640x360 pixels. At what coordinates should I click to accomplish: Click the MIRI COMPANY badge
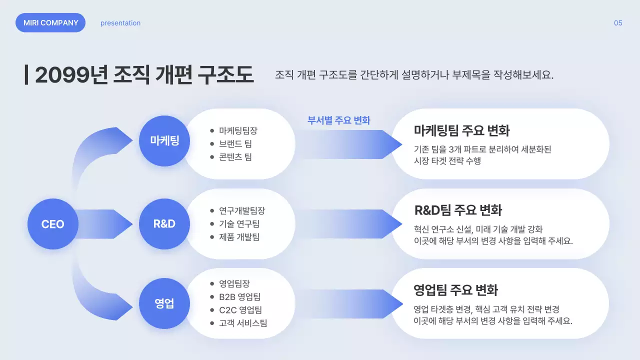(50, 22)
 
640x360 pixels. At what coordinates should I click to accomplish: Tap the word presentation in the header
(120, 23)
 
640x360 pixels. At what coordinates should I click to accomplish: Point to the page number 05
(618, 23)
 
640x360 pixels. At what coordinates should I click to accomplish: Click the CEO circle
(52, 224)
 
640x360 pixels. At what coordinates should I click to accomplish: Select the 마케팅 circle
(164, 140)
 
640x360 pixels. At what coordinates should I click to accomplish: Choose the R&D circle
(164, 224)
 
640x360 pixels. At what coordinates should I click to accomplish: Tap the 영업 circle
(164, 303)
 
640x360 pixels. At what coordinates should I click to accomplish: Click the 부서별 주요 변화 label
(338, 120)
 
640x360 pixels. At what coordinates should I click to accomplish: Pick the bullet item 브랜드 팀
(235, 144)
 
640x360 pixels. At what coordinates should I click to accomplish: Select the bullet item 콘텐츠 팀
(235, 157)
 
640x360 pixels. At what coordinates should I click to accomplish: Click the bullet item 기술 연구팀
(239, 224)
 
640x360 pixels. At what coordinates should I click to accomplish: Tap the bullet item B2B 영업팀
(239, 297)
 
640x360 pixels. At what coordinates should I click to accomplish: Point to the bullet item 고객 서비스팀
(242, 323)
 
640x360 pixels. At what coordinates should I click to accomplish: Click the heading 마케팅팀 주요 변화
(461, 131)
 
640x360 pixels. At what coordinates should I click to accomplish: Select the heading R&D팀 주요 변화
(458, 210)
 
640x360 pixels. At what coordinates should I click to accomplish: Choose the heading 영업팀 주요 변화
(456, 290)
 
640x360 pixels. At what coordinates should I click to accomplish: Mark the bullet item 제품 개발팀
(239, 237)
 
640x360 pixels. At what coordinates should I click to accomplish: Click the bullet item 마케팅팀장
(238, 131)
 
